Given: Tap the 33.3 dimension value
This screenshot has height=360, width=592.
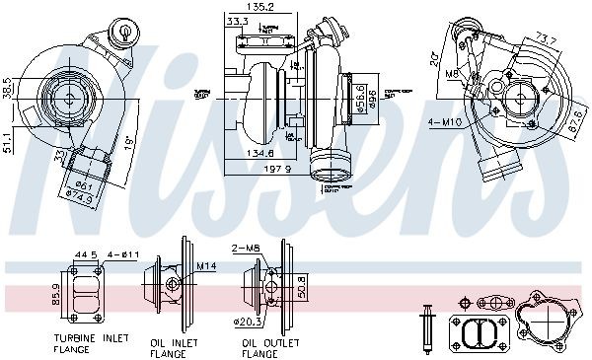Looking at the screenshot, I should (x=237, y=20).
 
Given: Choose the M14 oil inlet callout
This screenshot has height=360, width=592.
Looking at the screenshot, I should (x=205, y=266).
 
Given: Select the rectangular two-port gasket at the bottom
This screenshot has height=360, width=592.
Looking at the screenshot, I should (x=478, y=332).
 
